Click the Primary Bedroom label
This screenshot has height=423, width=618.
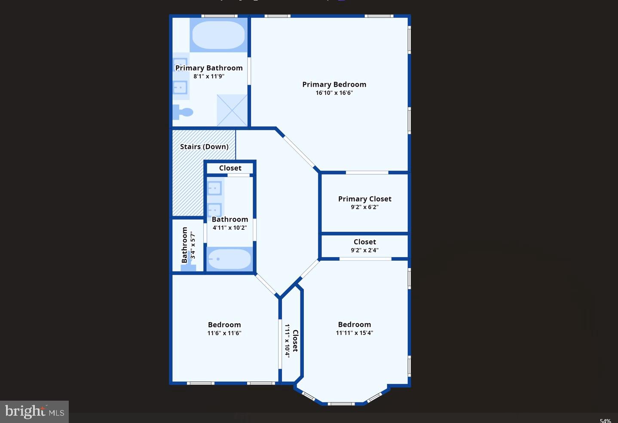click(334, 85)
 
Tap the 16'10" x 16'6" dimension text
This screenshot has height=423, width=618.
click(334, 93)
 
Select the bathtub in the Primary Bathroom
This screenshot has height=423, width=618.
click(218, 35)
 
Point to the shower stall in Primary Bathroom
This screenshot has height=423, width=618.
click(232, 110)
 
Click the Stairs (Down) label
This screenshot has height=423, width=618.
click(204, 147)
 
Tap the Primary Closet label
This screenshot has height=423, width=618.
click(364, 199)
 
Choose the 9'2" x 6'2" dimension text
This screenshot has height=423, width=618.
click(364, 207)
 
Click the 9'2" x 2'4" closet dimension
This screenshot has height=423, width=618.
click(364, 250)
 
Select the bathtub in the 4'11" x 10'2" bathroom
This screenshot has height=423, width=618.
click(229, 259)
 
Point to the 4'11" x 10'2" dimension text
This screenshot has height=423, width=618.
click(229, 228)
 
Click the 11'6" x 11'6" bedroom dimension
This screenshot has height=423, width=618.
click(224, 333)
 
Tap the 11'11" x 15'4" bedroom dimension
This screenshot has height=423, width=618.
click(354, 333)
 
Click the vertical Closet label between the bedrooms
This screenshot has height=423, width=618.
click(295, 341)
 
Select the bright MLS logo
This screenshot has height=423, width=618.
click(34, 412)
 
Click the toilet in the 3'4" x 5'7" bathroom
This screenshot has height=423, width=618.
click(188, 267)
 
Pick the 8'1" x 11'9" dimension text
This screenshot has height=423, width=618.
click(209, 76)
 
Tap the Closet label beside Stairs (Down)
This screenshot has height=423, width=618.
click(230, 168)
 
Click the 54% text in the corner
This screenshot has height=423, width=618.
click(605, 420)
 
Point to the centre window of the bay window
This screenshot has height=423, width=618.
click(341, 404)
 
